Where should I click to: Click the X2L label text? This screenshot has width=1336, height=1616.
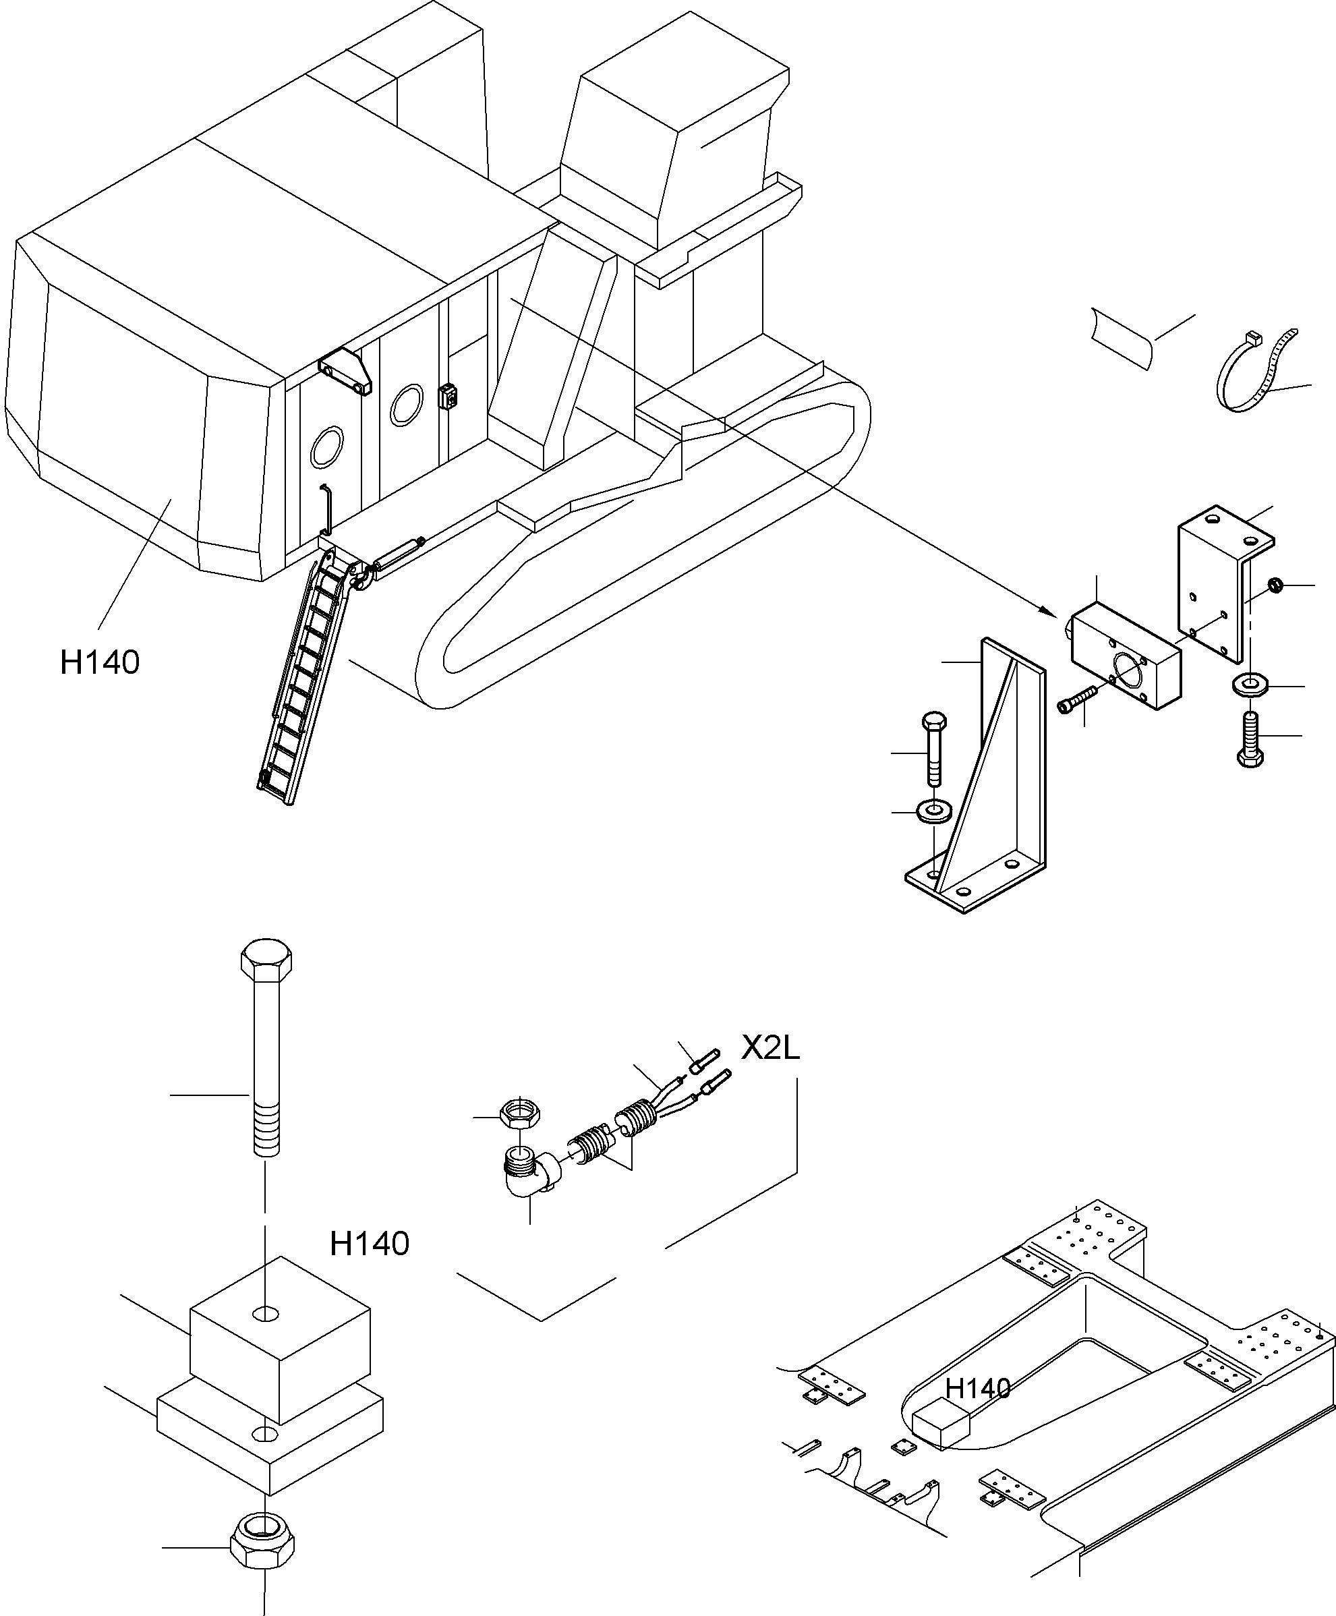770,1047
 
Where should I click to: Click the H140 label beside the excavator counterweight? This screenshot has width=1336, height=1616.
100,662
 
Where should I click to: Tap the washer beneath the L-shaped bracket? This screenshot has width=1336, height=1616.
1250,683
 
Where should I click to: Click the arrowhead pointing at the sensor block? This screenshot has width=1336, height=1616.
1048,611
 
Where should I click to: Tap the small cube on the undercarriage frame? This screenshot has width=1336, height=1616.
939,1424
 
